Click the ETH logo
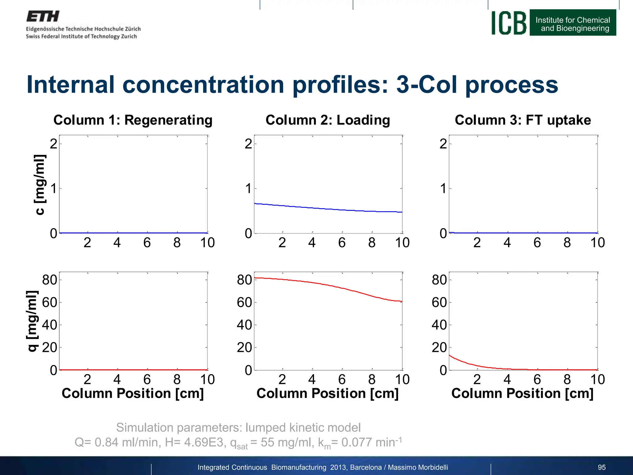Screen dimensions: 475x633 pos(43,16)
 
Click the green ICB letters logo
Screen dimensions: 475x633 pos(509,23)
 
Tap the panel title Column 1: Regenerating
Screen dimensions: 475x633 pos(133,120)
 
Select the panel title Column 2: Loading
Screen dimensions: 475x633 pos(328,120)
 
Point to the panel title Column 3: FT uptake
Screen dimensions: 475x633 pos(523,120)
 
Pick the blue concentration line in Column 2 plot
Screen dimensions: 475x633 pos(328,209)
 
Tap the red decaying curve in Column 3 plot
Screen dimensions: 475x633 pos(464,362)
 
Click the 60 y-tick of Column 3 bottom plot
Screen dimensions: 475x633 pos(439,302)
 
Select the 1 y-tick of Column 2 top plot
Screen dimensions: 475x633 pos(248,189)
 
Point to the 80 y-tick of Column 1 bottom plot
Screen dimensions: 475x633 pos(50,280)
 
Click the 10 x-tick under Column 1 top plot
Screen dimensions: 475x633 pos(207,243)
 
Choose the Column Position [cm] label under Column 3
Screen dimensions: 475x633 pos(522,394)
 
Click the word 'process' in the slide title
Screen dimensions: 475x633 pos(512,85)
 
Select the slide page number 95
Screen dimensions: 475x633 pos(601,467)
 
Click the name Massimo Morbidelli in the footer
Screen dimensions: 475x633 pos(418,467)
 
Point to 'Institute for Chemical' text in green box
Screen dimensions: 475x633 pos(572,20)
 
